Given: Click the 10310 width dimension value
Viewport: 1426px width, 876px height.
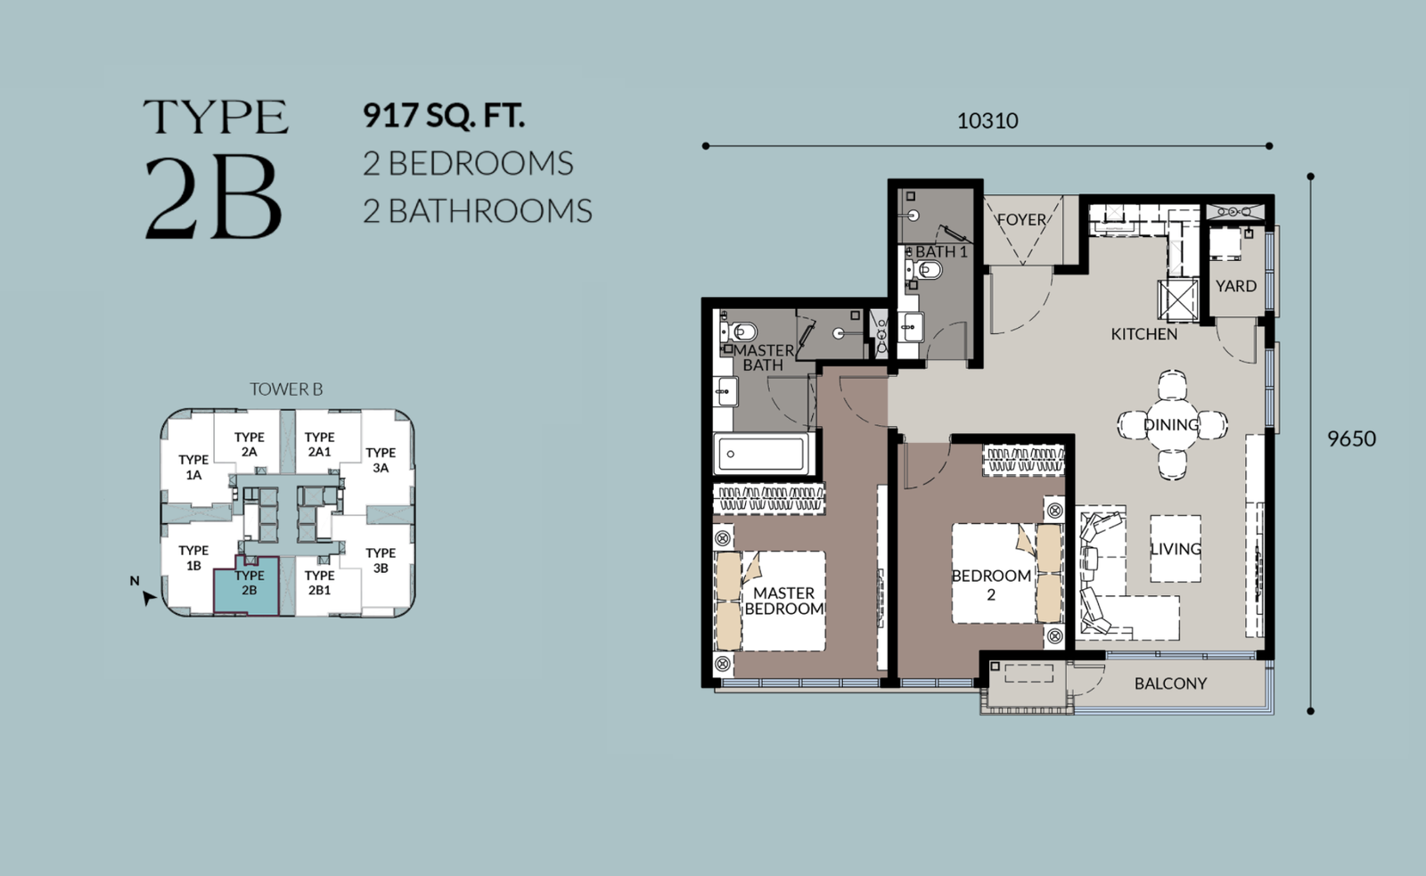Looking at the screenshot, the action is coord(988,121).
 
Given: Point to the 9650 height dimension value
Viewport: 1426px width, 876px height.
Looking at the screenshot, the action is coord(1351,438).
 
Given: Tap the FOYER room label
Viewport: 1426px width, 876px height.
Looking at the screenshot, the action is coord(1021,219).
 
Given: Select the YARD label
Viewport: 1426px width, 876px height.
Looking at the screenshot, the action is coord(1236,286).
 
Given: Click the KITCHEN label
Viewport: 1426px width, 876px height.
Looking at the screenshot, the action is coord(1144,334).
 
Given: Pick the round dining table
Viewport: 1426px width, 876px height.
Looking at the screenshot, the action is coord(1172,424).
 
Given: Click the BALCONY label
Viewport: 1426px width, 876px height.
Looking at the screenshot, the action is coord(1171,684).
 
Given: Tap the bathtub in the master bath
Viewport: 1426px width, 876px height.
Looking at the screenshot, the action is coord(761,454).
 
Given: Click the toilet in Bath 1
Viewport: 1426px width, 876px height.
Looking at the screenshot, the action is coord(923,271).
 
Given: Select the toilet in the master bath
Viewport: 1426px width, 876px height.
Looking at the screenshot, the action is coord(739,332).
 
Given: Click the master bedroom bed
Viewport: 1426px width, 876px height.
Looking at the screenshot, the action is coord(770,601).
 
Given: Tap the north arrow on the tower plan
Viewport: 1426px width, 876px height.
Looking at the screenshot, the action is coord(148,598).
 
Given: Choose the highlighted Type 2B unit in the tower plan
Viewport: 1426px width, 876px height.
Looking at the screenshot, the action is coord(246,585).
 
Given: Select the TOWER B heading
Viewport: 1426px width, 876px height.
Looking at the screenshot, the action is coord(286,389).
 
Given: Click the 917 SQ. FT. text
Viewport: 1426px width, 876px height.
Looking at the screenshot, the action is coord(444,115).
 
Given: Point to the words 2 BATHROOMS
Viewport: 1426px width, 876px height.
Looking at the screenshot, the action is coord(478,211).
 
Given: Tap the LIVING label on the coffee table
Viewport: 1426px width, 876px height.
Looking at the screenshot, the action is coord(1176,549).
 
